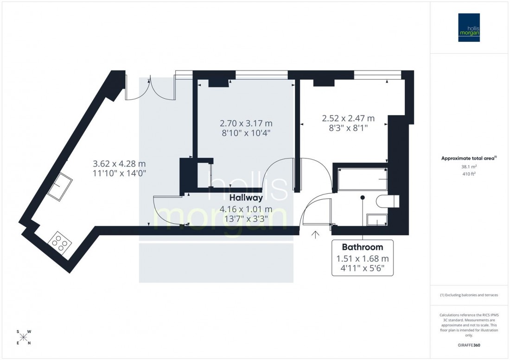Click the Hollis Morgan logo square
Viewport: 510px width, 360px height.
469,27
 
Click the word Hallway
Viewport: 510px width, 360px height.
240,197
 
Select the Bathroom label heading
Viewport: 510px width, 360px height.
362,246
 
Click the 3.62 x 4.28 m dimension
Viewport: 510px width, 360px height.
119,164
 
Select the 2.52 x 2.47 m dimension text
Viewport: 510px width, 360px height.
348,118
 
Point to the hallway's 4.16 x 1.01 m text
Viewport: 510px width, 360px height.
240,208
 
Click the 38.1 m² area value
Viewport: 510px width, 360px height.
469,167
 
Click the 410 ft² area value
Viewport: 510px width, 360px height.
469,175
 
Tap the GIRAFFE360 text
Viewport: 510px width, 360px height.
469,345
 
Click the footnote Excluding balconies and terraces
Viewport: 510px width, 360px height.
469,295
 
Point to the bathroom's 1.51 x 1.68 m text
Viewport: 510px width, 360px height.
362,259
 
